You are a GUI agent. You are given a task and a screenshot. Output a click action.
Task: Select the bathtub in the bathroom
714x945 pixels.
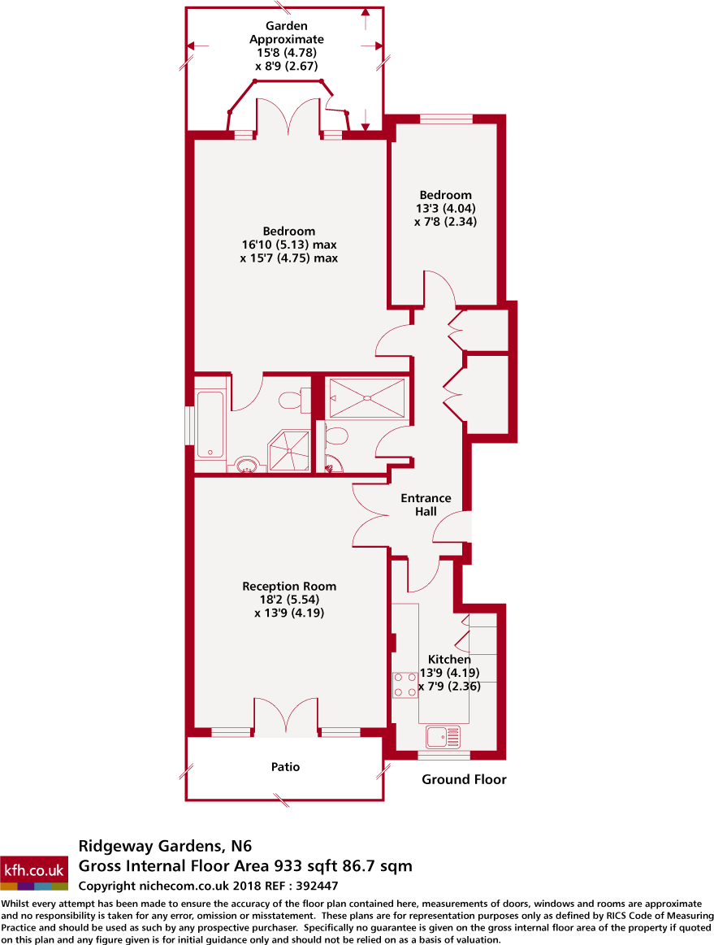pyautogui.click(x=211, y=423)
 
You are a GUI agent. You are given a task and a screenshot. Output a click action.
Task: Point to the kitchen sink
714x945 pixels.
pyautogui.click(x=443, y=737)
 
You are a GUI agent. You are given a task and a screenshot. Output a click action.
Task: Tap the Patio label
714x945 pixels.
pyautogui.click(x=285, y=766)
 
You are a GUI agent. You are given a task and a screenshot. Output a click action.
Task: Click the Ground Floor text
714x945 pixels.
pyautogui.click(x=464, y=780)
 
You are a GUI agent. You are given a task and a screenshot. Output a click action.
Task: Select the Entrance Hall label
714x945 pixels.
pyautogui.click(x=426, y=505)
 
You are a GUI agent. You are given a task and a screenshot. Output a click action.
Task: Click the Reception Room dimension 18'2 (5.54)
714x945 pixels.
pyautogui.click(x=289, y=600)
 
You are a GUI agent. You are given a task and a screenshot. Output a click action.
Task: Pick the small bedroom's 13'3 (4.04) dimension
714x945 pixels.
pyautogui.click(x=445, y=208)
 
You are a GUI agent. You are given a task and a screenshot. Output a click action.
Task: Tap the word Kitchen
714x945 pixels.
pyautogui.click(x=449, y=660)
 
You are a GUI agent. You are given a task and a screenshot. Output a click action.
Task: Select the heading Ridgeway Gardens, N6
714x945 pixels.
pyautogui.click(x=171, y=847)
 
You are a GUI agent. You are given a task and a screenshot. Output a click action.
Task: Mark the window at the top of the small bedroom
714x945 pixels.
pyautogui.click(x=446, y=119)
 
